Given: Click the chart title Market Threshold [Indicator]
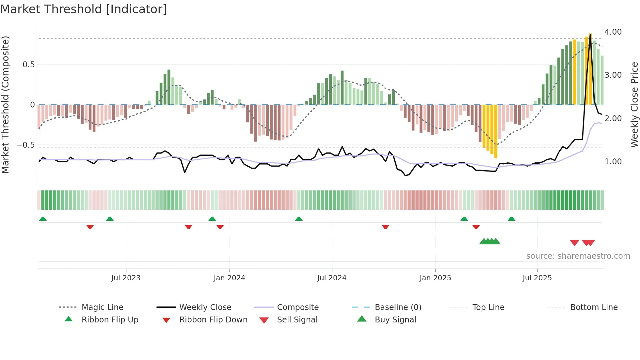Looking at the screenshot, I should click(x=84, y=9).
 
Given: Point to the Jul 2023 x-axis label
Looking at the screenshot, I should click(x=126, y=278).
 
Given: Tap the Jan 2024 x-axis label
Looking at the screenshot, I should click(x=229, y=278).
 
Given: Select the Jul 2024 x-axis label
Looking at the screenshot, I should click(x=332, y=278).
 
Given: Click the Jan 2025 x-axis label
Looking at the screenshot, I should click(x=435, y=278).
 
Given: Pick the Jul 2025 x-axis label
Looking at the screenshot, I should click(x=537, y=278).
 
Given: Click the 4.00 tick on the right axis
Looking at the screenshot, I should click(x=613, y=32).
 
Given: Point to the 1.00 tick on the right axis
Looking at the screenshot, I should click(x=613, y=161).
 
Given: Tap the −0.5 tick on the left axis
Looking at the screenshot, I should click(x=26, y=145).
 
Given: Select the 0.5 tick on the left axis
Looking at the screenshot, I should click(x=28, y=65).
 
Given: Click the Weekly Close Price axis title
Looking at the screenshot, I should click(x=634, y=105).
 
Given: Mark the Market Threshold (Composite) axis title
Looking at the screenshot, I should click(x=5, y=105).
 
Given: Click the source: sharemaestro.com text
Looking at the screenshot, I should click(x=578, y=256).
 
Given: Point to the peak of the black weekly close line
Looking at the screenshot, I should click(x=590, y=34).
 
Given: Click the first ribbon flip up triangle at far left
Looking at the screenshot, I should click(x=43, y=219).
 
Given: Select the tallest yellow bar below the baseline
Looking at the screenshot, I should click(x=496, y=132).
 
